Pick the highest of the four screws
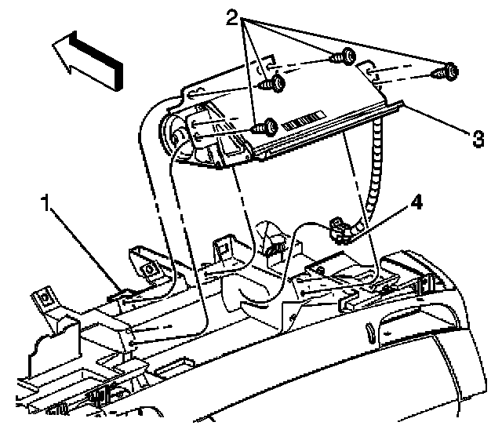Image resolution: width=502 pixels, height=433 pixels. pyautogui.click(x=342, y=56)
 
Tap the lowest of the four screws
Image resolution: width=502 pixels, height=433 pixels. pyautogui.click(x=267, y=126)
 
